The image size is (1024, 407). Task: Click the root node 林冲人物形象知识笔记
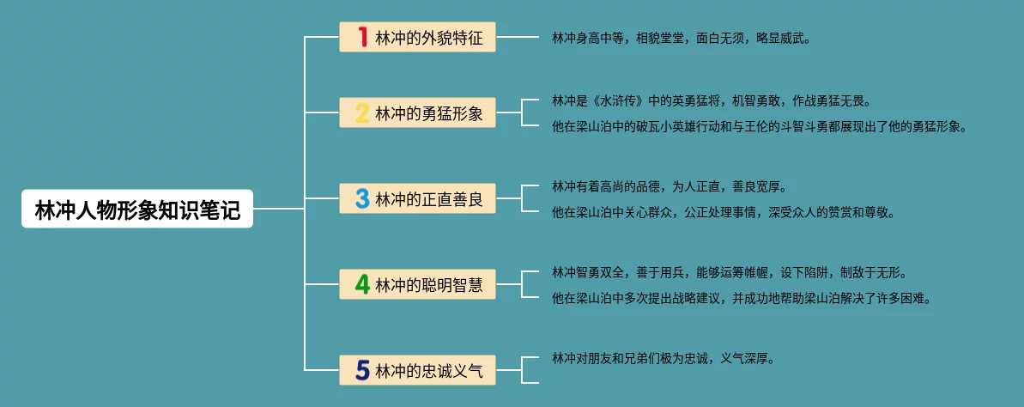point(137,209)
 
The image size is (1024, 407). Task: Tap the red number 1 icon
point(363,37)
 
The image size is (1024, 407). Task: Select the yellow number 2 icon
point(363,112)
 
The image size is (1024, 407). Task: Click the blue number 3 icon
point(363,199)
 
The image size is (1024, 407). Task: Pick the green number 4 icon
point(363,284)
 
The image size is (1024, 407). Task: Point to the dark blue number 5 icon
point(363,370)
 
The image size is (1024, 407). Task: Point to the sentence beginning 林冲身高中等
point(681,39)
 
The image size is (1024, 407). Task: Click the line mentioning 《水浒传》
point(712,100)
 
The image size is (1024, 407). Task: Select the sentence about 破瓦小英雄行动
point(759,127)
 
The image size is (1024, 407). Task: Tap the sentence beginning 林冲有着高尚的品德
point(669,186)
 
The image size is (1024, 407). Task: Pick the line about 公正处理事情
point(723,213)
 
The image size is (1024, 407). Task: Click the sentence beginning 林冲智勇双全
point(729,273)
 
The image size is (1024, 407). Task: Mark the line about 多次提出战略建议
point(741,299)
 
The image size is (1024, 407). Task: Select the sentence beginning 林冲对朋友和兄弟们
point(663,359)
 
